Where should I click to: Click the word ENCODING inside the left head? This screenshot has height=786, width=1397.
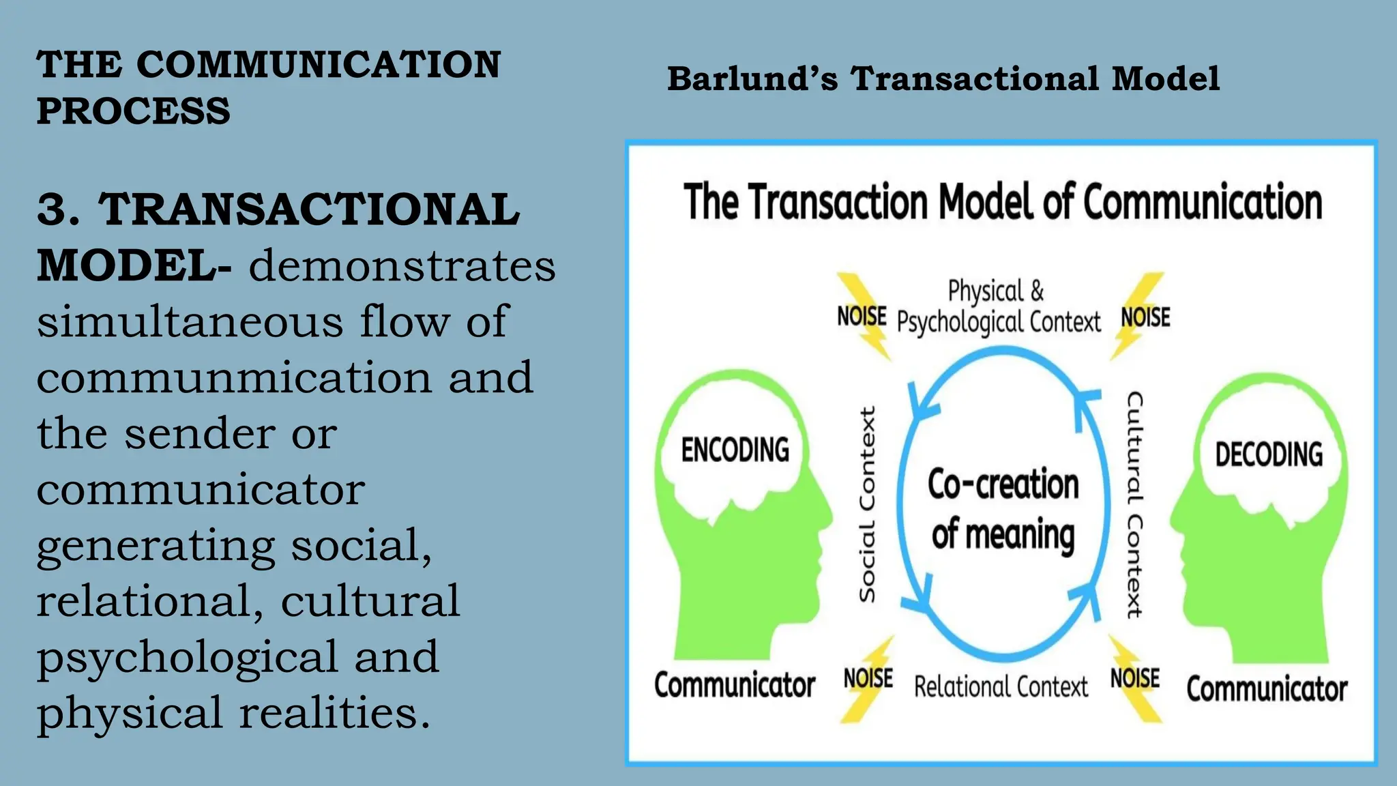735,450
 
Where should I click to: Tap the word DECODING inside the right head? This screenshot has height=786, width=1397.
1269,455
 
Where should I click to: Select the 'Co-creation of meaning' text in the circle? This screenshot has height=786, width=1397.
1003,508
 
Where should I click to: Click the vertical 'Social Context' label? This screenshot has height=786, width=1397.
867,505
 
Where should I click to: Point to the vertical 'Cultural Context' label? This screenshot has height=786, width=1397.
1134,505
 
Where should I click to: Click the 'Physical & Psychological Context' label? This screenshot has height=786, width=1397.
998,307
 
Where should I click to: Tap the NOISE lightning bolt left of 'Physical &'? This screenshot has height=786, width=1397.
863,316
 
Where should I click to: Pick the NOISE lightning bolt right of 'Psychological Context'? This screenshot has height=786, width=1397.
1145,317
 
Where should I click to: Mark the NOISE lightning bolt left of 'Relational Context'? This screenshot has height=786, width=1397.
868,679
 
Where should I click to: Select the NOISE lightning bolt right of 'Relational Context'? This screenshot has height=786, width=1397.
1135,678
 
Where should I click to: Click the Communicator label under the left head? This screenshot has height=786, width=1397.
735,685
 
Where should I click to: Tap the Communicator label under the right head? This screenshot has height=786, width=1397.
1267,689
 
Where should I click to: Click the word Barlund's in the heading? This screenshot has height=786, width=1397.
752,78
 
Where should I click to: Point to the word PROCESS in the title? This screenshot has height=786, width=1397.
134,111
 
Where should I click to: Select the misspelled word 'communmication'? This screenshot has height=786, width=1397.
234,377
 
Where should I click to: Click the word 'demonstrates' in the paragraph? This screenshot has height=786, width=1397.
402,265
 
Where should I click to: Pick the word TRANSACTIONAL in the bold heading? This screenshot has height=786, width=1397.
309,209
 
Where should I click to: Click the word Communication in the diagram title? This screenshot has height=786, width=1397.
1203,203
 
